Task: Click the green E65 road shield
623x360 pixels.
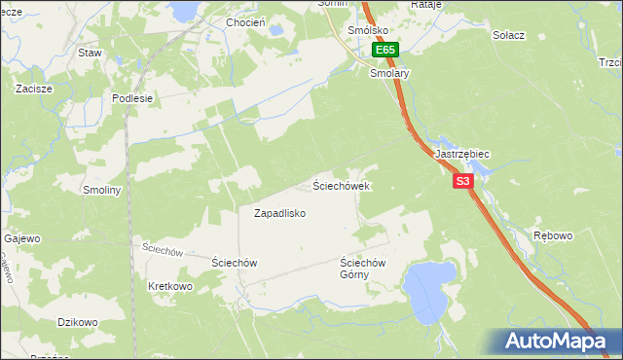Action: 385,50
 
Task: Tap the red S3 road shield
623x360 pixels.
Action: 462,181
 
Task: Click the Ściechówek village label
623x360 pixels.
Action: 340,185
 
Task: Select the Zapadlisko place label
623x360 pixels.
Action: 280,213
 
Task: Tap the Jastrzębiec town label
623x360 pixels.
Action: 462,155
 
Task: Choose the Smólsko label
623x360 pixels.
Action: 371,30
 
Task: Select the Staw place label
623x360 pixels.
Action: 92,53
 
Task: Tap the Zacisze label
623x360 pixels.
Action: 33,88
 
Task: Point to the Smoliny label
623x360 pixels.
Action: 102,191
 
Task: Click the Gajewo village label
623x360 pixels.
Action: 22,238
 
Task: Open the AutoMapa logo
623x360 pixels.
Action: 555,341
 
